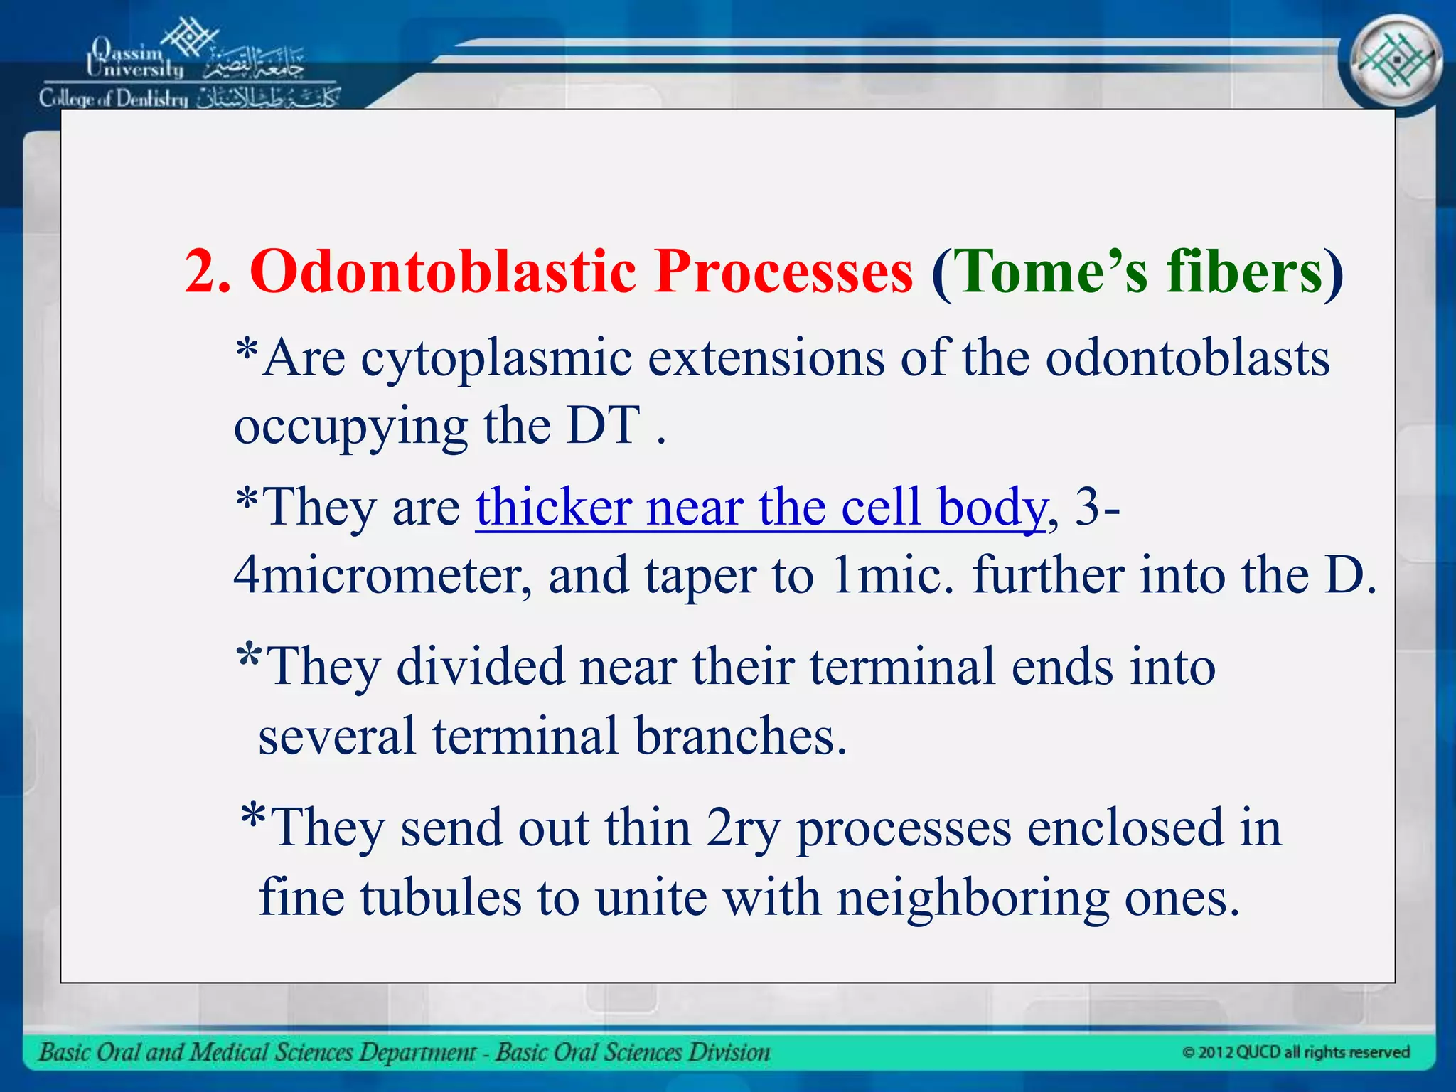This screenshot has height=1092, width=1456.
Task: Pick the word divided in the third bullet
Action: click(480, 668)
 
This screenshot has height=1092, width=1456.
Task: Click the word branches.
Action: click(740, 736)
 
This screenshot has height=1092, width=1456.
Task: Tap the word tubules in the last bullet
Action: click(441, 897)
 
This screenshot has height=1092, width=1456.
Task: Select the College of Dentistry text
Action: click(114, 98)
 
